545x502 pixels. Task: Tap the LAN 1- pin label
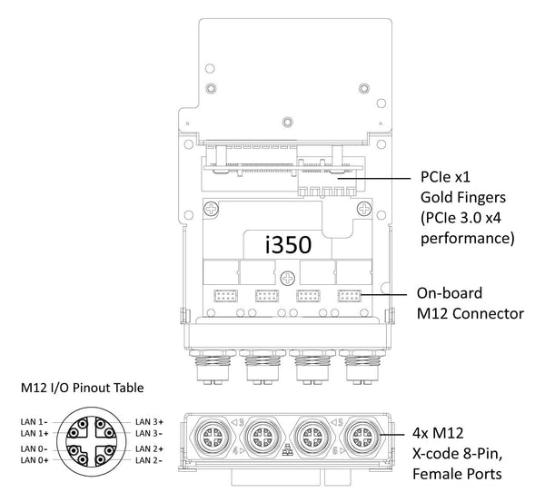[35, 421]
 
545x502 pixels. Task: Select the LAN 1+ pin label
[35, 433]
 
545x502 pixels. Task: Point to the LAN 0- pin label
[35, 449]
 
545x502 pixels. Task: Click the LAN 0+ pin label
[35, 461]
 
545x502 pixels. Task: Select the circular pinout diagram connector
[92, 441]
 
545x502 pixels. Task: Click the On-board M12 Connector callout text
[471, 304]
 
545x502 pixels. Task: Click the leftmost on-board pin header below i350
[223, 296]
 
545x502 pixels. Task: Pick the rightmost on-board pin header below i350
[349, 296]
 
